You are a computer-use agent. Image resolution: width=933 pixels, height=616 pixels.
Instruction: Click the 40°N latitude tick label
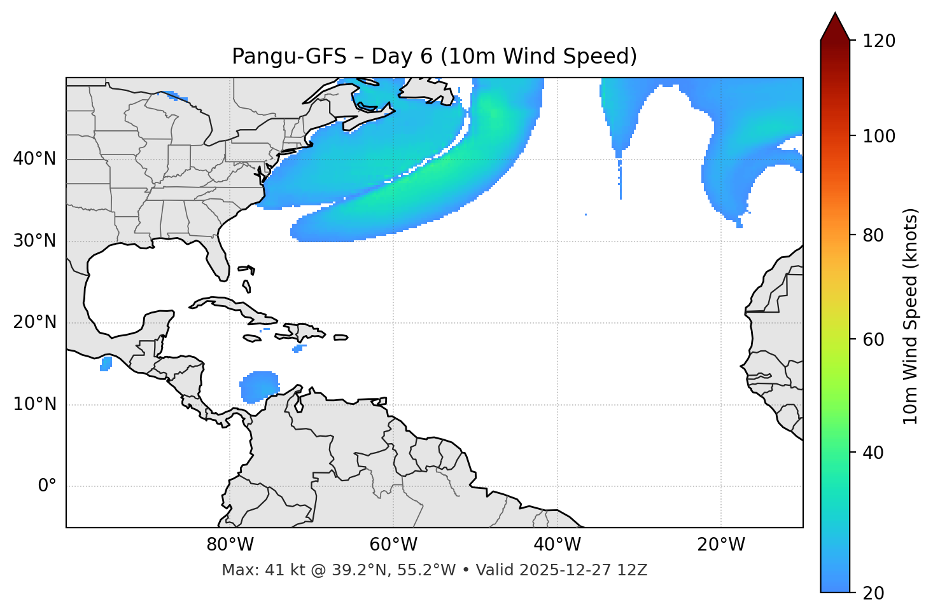[x=34, y=159]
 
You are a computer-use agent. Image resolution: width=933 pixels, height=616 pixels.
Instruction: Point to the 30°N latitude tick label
[x=34, y=241]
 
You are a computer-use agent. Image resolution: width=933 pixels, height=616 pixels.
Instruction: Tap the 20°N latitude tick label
[x=34, y=322]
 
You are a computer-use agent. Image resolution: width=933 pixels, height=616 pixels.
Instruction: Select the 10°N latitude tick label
[x=34, y=404]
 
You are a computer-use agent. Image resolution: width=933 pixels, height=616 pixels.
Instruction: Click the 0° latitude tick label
[x=47, y=486]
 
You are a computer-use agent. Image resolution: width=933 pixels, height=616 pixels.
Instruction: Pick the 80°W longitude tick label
[x=230, y=545]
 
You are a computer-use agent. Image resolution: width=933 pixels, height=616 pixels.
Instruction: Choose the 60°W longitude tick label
[x=393, y=545]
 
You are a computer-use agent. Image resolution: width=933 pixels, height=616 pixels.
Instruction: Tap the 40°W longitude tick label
[x=557, y=545]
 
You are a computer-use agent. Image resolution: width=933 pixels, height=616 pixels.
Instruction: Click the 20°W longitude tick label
[x=721, y=545]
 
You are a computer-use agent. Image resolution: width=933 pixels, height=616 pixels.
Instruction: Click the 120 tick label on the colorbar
[x=878, y=41]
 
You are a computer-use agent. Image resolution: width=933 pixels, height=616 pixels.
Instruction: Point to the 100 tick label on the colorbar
[x=878, y=136]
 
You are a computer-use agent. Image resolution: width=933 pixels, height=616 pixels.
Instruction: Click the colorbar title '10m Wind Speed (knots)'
[x=911, y=317]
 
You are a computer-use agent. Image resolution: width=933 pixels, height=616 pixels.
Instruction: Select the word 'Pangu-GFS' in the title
[x=289, y=57]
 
